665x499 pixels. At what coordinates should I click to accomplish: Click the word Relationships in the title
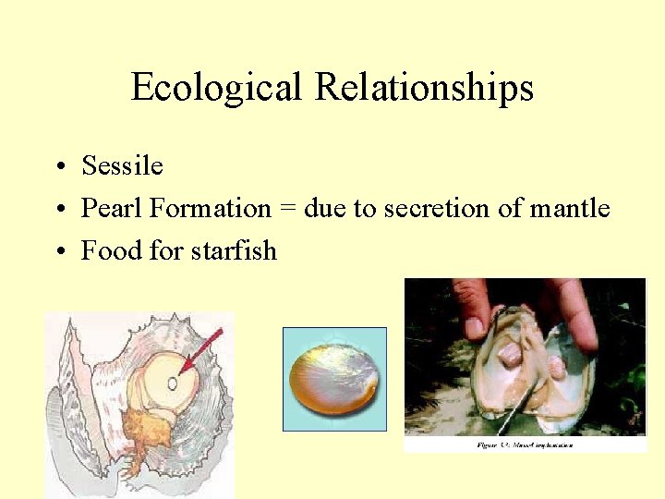pyautogui.click(x=424, y=88)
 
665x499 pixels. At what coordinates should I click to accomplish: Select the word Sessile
pyautogui.click(x=122, y=166)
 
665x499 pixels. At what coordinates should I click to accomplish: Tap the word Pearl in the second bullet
pyautogui.click(x=112, y=209)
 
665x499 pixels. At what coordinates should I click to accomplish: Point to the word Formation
pyautogui.click(x=211, y=209)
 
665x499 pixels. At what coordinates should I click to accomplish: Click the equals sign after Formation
pyautogui.click(x=287, y=210)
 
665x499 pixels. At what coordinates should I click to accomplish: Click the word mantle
pyautogui.click(x=570, y=209)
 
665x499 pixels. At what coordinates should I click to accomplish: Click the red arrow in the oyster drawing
pyautogui.click(x=201, y=350)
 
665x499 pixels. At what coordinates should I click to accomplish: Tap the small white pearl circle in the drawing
pyautogui.click(x=173, y=382)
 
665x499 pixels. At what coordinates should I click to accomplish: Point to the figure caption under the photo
pyautogui.click(x=525, y=444)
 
